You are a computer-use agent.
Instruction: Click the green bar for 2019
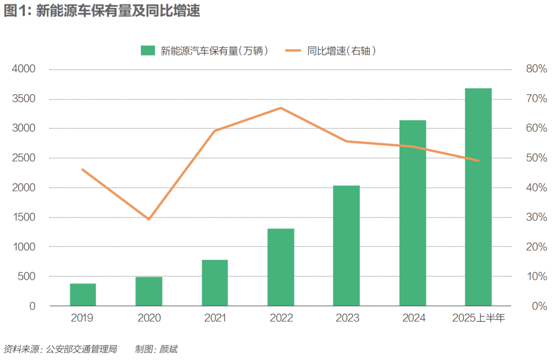click(x=83, y=295)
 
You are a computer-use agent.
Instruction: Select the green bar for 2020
click(x=149, y=292)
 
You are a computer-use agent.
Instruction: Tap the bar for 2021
click(x=215, y=283)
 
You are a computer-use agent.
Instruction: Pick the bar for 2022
click(x=281, y=267)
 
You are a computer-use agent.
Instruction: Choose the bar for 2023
click(x=346, y=246)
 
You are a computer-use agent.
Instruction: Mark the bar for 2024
click(x=412, y=213)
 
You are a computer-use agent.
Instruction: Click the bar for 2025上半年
click(x=478, y=197)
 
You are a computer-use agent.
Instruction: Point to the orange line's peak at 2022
click(x=281, y=108)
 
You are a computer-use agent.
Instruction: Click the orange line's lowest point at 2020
click(x=149, y=219)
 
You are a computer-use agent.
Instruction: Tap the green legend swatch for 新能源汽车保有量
click(x=148, y=50)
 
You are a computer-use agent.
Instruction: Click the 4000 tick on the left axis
click(x=24, y=69)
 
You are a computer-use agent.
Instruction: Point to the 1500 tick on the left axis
click(x=24, y=217)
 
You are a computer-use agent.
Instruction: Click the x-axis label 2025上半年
click(x=478, y=318)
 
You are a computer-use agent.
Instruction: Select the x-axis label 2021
click(x=215, y=318)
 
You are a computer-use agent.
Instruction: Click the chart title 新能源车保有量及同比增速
click(x=118, y=12)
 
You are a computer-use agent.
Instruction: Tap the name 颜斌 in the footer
click(x=169, y=350)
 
